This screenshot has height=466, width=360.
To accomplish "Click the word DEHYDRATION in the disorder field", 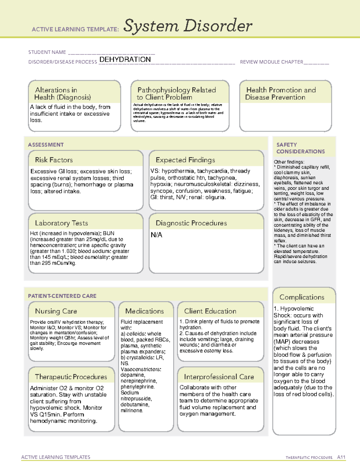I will (125, 59).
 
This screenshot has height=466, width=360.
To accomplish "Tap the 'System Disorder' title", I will (188, 26).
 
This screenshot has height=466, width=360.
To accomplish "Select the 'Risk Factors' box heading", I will (54, 160).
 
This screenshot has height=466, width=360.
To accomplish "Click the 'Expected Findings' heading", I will (185, 160).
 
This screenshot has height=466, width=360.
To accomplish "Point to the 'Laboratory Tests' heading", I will (61, 223).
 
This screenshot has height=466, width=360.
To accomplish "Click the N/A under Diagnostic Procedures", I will (156, 235).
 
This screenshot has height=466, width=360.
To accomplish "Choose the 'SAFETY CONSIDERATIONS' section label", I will (300, 148).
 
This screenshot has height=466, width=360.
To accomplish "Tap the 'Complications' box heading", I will (302, 297).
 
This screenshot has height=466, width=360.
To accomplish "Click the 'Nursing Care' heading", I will (56, 311).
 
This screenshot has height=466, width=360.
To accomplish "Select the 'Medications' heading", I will (145, 311).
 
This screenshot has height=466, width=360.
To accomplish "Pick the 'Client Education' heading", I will (210, 311).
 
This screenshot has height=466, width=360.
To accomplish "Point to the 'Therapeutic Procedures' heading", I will (71, 377).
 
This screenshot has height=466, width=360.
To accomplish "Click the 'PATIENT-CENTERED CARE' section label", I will (62, 296).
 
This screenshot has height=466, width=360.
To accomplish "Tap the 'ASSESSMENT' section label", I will (46, 145).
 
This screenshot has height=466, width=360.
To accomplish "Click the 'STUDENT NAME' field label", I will (47, 52).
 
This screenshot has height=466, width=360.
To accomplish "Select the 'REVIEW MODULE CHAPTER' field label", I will (271, 62).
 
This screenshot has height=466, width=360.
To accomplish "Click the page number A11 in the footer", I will (341, 457).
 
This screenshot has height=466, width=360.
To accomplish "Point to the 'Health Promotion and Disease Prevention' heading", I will (281, 94).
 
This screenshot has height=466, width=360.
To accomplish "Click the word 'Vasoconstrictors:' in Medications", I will (141, 369).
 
